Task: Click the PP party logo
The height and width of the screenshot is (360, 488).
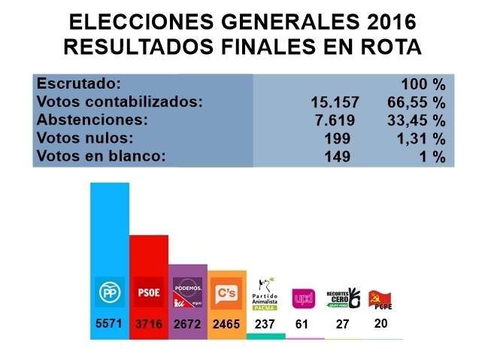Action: (109, 292)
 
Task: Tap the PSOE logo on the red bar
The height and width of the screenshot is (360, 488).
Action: (148, 292)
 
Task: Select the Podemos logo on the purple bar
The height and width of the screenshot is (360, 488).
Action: (187, 294)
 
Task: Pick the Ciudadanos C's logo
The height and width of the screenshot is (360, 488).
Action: (226, 292)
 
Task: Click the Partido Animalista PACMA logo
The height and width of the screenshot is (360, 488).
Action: (265, 294)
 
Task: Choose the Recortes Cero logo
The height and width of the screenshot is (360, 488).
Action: (343, 296)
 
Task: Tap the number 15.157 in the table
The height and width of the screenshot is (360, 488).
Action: (335, 102)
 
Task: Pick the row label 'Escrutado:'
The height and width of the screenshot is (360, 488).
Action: (79, 83)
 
